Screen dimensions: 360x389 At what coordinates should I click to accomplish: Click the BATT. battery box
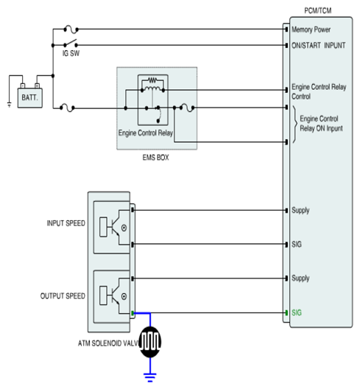30,98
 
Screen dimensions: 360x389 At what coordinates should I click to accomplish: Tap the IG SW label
71,53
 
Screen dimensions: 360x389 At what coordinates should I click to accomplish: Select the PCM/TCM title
318,10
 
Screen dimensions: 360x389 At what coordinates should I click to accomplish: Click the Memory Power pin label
311,29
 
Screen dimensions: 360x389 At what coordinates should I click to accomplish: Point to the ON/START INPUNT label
318,46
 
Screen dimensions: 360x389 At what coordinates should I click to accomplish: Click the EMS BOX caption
155,158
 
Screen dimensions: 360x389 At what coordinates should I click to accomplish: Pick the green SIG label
297,312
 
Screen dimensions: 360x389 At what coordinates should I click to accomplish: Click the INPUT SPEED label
66,223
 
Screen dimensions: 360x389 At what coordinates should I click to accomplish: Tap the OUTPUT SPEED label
63,296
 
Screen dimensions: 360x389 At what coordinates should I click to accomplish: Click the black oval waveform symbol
150,342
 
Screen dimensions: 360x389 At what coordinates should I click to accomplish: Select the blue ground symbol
150,377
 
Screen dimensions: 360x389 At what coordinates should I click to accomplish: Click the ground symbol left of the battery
10,105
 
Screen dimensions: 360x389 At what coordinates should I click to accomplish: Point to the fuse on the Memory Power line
71,29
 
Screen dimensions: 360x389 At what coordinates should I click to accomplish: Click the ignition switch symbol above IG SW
71,43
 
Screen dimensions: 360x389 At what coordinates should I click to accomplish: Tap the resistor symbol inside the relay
152,80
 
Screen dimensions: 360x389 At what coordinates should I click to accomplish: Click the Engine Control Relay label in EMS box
146,133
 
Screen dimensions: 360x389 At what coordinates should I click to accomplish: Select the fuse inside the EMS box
187,108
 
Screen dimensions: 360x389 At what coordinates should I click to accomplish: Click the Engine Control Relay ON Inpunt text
321,124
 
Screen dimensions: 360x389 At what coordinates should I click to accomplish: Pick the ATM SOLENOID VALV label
108,343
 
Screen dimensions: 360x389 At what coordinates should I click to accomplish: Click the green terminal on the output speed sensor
133,313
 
